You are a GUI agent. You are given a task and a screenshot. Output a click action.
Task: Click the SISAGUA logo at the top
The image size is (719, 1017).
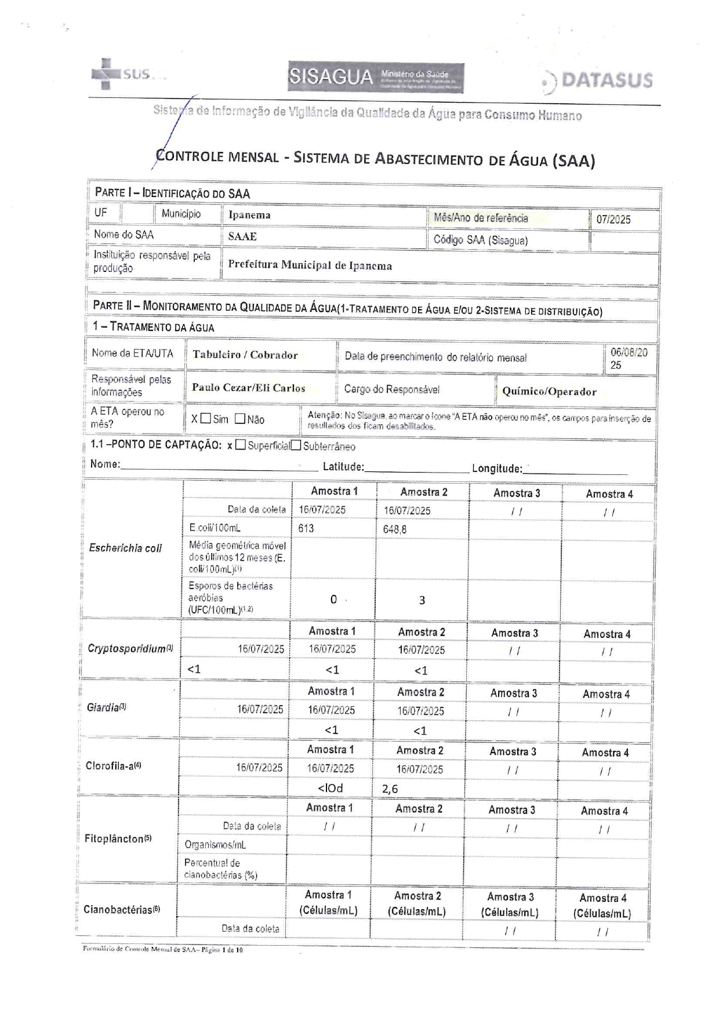pos(375,77)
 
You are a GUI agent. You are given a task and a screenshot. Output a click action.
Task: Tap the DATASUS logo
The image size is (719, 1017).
pos(597,81)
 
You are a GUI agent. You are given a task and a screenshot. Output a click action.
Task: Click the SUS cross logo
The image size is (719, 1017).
pos(106,74)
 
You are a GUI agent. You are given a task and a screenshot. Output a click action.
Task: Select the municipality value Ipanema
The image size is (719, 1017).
pos(249,215)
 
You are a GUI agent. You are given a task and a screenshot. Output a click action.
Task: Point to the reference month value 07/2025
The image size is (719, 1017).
pos(613,220)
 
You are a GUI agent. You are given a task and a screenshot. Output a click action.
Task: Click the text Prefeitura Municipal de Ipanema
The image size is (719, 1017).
pos(310,266)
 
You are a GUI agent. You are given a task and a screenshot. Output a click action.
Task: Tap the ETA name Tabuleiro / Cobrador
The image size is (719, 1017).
pos(245,355)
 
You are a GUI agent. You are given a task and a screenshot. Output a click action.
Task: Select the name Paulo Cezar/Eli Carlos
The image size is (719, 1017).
pos(248,388)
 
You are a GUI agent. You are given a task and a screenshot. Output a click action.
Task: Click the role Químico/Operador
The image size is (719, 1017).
pos(549,391)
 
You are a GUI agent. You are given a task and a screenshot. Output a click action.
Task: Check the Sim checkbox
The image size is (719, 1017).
pos(205,419)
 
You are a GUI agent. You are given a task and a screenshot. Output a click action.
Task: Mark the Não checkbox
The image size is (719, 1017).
pos(240,419)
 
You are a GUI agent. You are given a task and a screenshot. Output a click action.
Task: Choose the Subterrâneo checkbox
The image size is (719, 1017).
pos(296,445)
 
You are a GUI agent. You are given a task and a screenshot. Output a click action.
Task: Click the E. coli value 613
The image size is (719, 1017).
pos(306,528)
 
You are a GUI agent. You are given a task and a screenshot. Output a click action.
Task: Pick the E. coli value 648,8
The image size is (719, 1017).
pos(394,529)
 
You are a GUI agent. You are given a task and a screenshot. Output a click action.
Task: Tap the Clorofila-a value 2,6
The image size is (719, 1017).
pos(390,789)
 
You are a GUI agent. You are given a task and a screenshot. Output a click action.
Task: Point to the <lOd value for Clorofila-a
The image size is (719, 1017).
pos(330,789)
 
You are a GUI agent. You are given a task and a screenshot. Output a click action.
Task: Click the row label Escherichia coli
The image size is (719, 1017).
pos(125,548)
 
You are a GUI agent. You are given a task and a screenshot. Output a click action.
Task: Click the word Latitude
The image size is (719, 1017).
pos(343,467)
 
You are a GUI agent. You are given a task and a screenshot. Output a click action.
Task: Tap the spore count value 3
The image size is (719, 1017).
pos(422,600)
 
